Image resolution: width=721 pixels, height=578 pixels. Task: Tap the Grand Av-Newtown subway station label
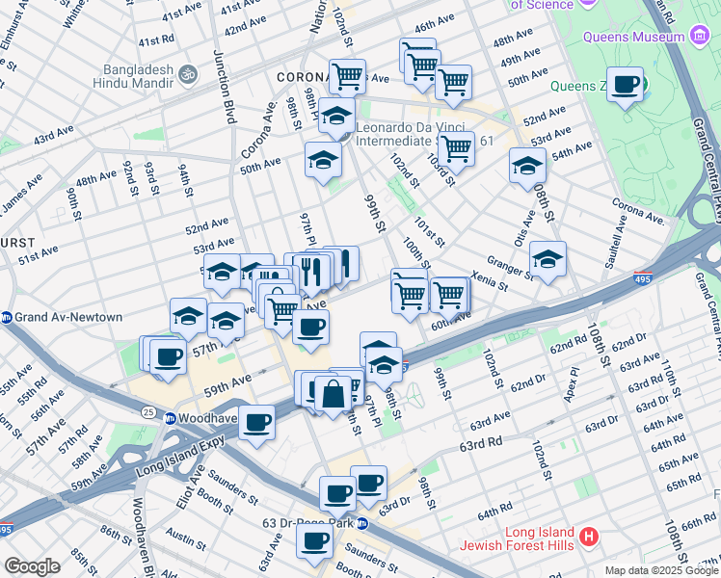[67, 317]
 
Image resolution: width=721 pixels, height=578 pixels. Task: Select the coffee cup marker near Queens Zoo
[626, 85]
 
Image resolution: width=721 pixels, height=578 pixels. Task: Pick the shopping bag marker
[333, 394]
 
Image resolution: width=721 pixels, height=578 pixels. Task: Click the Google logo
[33, 566]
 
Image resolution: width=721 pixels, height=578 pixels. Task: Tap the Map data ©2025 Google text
[660, 570]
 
